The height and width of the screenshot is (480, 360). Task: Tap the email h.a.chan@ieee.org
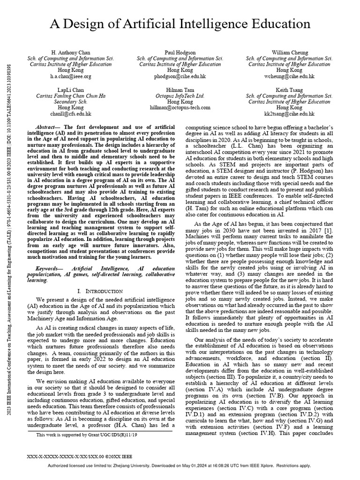pos(71,76)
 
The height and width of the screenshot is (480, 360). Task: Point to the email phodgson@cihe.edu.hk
pos(180,76)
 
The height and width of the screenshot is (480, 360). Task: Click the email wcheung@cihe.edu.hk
pos(289,76)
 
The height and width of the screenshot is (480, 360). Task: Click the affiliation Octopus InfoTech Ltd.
pos(180,95)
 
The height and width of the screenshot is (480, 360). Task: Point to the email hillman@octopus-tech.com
pos(180,107)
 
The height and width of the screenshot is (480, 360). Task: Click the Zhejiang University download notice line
pos(180,466)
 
